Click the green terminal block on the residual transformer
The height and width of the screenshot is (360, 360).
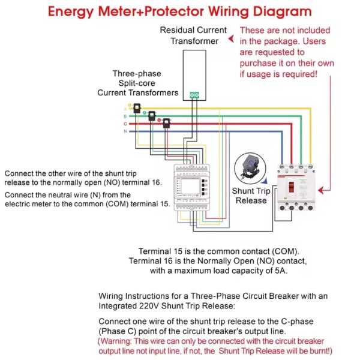point(194,94)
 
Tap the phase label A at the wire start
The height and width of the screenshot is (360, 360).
point(125,109)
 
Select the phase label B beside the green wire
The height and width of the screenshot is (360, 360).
point(125,116)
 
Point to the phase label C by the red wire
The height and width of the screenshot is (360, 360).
point(125,124)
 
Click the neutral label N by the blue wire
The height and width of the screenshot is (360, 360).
point(125,131)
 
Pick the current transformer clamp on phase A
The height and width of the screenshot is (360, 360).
point(138,108)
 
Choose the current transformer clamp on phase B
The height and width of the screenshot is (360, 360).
point(152,115)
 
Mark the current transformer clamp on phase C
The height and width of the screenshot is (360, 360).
point(166,123)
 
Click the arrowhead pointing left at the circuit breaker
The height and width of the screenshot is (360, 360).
point(321,190)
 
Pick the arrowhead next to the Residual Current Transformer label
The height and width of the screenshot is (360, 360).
point(232,40)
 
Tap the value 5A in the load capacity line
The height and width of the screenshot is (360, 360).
point(280,271)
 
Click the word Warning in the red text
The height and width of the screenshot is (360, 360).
point(119,341)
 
